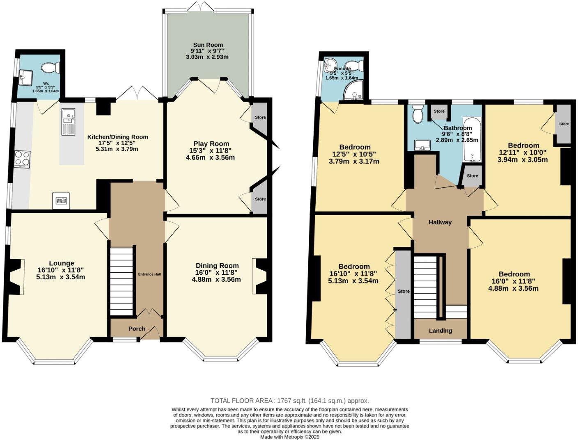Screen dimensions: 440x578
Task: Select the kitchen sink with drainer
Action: click(x=68, y=121)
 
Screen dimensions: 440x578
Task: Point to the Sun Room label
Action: click(x=208, y=45)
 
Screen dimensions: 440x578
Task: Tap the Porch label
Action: click(x=137, y=328)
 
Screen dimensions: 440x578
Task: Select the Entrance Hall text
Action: click(x=149, y=274)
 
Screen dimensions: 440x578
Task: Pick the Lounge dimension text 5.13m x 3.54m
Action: click(x=61, y=277)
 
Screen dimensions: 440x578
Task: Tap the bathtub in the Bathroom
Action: click(x=472, y=139)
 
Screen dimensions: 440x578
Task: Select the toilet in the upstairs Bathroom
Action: click(x=418, y=114)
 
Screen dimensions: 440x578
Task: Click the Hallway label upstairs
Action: click(x=440, y=222)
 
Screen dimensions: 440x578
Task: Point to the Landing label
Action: click(x=440, y=331)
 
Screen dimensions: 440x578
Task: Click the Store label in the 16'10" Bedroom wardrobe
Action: click(x=404, y=291)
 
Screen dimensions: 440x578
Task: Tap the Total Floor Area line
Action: click(x=289, y=401)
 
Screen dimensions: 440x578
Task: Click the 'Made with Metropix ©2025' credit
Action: click(x=289, y=437)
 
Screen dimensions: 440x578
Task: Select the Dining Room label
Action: click(x=217, y=266)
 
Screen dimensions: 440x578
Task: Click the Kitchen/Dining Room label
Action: click(x=117, y=137)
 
